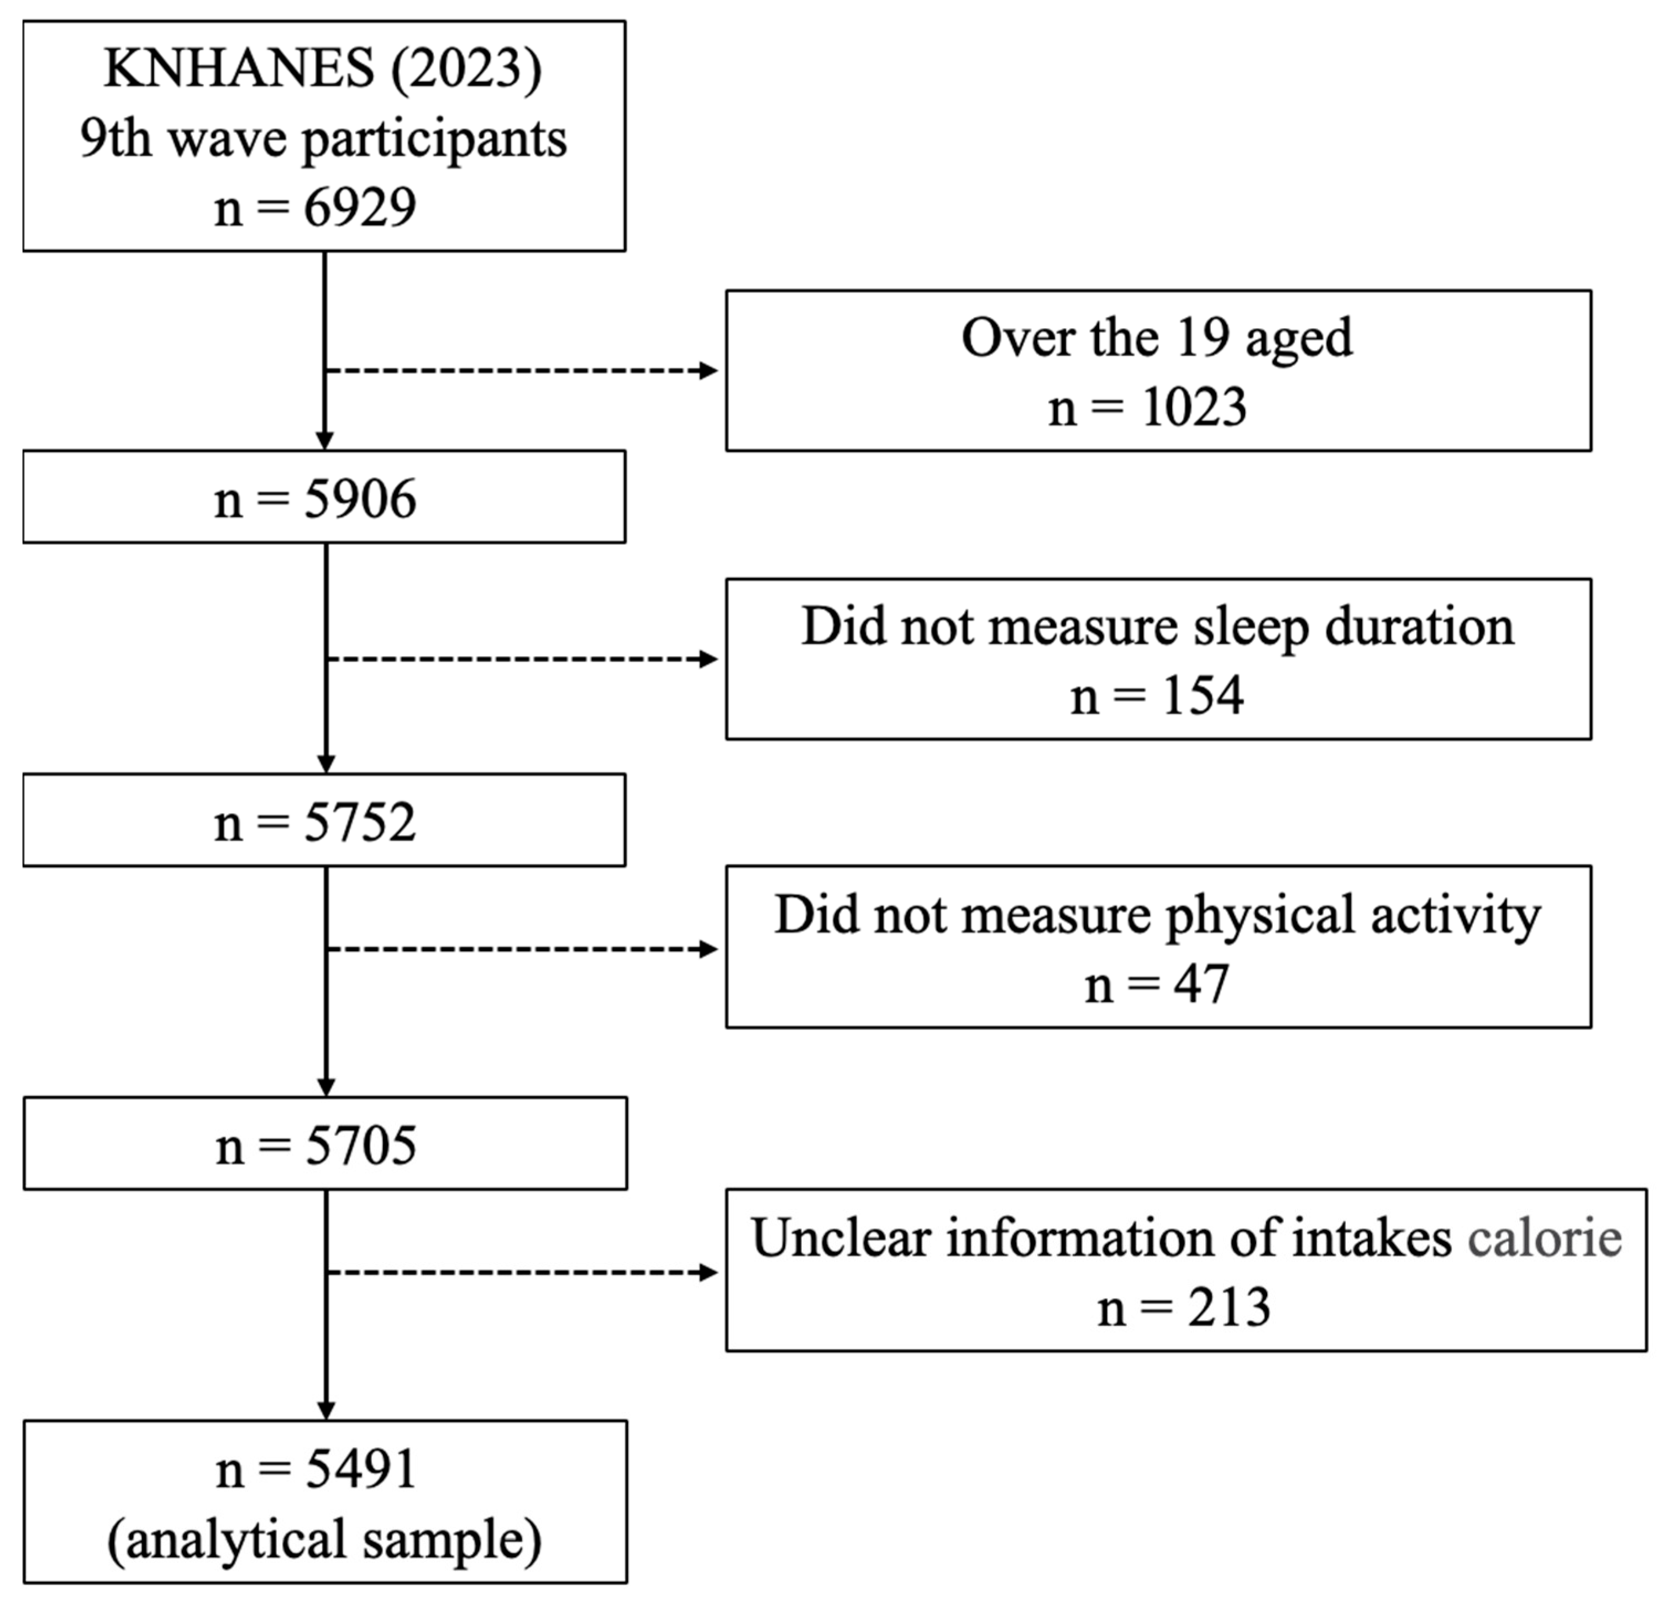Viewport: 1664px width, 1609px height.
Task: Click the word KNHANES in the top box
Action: (239, 68)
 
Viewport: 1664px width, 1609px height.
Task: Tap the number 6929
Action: (360, 207)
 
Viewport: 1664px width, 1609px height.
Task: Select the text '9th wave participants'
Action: (323, 138)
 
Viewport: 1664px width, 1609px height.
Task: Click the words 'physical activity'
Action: (1353, 916)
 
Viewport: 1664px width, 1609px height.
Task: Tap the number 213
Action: (1229, 1308)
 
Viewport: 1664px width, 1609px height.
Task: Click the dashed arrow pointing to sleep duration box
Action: (522, 660)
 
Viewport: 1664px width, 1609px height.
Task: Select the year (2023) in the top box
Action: (466, 68)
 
